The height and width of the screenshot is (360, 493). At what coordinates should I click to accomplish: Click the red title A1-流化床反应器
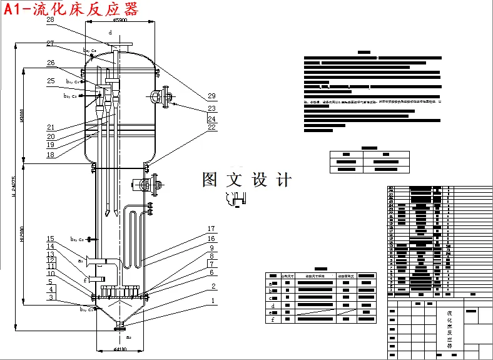pos(70,9)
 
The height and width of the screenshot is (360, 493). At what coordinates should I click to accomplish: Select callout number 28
pos(50,20)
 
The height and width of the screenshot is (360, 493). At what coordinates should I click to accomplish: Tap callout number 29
pos(211,96)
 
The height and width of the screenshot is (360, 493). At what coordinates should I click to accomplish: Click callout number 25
pos(50,81)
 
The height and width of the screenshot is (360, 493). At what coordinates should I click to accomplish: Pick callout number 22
pos(211,128)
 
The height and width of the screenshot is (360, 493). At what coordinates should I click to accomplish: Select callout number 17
pos(211,229)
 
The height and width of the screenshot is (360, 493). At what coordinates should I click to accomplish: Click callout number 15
pos(50,239)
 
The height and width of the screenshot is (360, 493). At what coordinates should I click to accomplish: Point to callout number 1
pos(213,301)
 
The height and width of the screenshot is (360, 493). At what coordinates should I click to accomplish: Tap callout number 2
pos(213,287)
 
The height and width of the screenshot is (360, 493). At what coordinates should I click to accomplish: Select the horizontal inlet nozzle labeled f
pos(94,278)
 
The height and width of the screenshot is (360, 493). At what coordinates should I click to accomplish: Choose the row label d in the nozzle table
pos(272,305)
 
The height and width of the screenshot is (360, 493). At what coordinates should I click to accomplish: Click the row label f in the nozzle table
pos(272,319)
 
